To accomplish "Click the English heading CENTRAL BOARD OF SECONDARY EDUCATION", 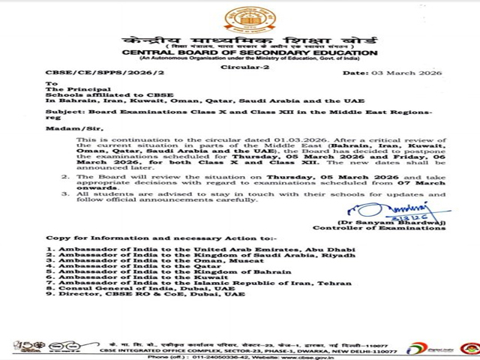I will [239, 52].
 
